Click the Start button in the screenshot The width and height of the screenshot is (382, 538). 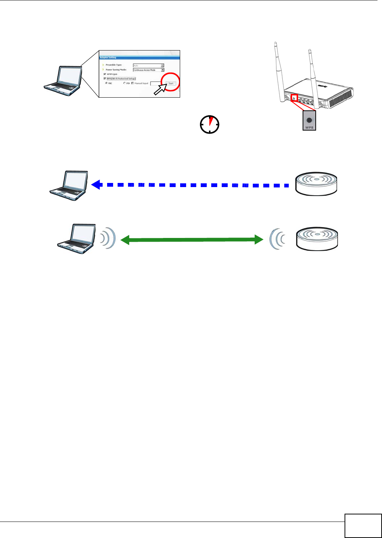click(x=171, y=83)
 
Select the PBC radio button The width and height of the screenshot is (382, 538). click(x=106, y=83)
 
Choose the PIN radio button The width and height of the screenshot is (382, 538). click(x=124, y=83)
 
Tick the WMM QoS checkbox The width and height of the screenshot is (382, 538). click(x=105, y=74)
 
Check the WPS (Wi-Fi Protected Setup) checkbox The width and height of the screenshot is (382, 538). click(x=105, y=79)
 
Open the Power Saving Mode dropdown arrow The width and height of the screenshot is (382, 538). click(x=163, y=70)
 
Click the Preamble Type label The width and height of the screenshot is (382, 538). click(x=113, y=65)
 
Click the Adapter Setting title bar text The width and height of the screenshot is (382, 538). click(x=108, y=58)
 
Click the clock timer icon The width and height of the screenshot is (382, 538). click(x=210, y=125)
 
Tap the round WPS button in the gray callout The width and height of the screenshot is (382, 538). click(x=309, y=120)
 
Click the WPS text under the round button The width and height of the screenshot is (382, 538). click(x=309, y=128)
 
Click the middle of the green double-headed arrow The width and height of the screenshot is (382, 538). click(x=191, y=239)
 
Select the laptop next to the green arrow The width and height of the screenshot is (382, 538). click(x=76, y=237)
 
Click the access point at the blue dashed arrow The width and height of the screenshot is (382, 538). click(x=316, y=184)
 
